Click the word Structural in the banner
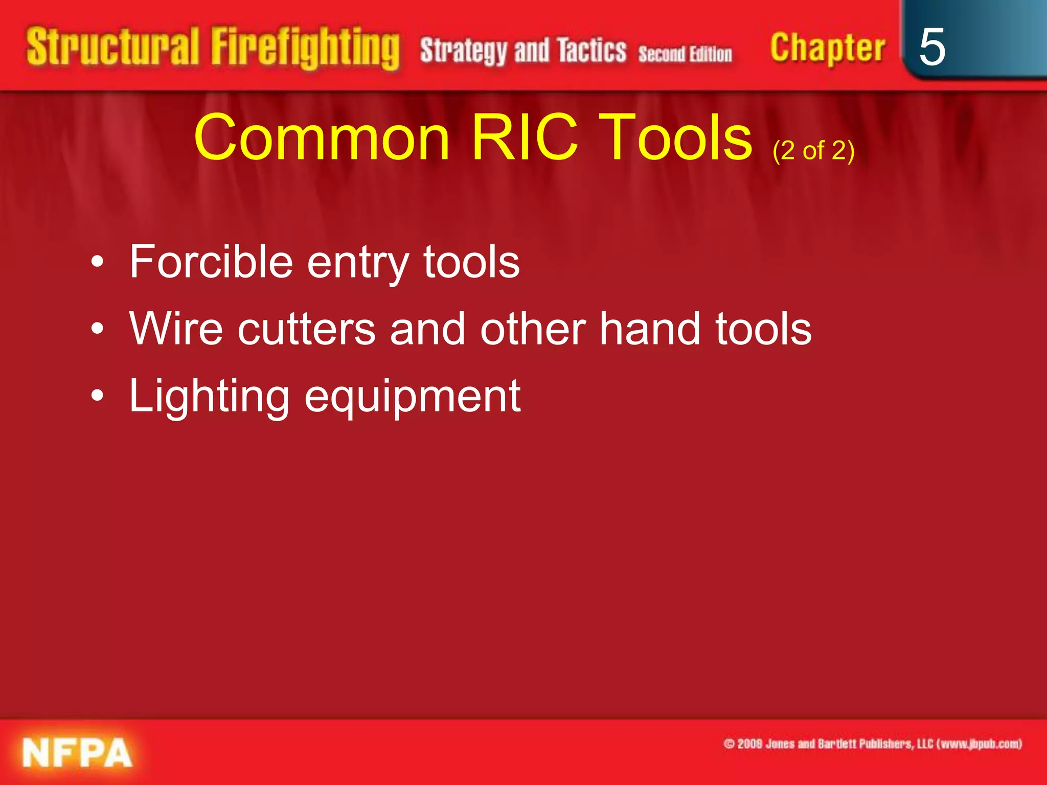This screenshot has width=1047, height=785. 112,48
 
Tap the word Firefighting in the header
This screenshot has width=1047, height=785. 305,49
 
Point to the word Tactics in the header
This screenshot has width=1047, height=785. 591,50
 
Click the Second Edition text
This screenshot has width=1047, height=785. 685,54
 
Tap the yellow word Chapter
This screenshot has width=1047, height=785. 827,48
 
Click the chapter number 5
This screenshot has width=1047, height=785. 931,47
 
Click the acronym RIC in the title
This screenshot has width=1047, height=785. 525,137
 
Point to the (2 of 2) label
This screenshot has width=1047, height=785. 813,150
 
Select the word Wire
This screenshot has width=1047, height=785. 176,328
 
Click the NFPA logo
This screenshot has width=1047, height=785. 77,752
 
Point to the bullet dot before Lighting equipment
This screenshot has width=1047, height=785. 97,396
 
